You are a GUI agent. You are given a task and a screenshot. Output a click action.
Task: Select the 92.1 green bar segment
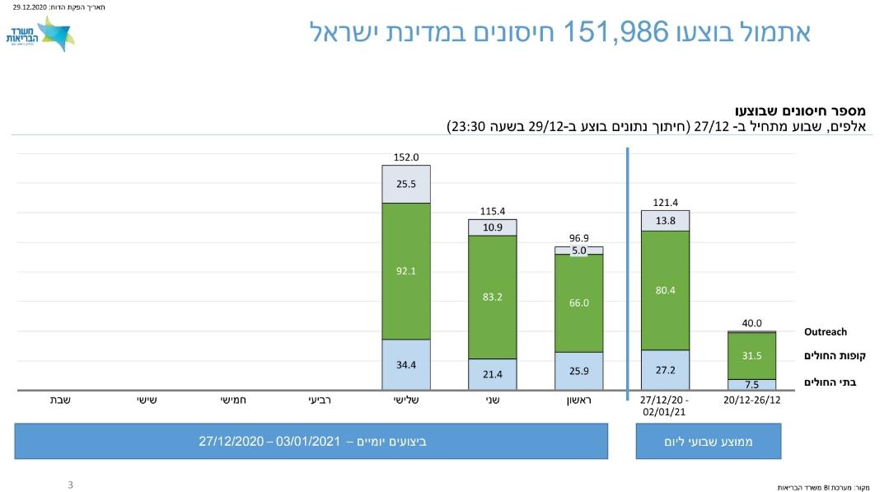(x=405, y=270)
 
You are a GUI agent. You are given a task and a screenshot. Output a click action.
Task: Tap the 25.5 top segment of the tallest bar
(x=405, y=184)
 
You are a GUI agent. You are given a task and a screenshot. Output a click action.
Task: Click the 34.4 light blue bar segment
(x=405, y=364)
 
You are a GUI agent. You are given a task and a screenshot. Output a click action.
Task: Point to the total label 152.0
(x=405, y=157)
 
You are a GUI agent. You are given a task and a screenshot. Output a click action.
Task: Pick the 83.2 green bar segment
(x=492, y=297)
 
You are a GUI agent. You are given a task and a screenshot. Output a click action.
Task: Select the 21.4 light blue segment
(x=492, y=374)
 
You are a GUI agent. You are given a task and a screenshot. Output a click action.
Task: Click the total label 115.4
(x=492, y=211)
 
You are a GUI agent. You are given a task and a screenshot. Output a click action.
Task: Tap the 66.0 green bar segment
(x=578, y=302)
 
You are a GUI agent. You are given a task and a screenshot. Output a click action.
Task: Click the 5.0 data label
(x=578, y=251)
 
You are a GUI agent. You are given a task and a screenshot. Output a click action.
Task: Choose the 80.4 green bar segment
(x=665, y=290)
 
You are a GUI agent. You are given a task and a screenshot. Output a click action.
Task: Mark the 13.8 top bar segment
(x=665, y=221)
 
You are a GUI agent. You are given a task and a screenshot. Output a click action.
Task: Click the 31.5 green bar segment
(x=751, y=355)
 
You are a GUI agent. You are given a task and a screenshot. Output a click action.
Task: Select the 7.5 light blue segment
(x=751, y=384)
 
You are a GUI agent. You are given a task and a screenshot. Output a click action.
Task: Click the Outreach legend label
(x=825, y=332)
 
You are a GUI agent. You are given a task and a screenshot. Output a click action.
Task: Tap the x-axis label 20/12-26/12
(x=751, y=400)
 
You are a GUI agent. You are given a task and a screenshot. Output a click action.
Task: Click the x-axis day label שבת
(x=59, y=400)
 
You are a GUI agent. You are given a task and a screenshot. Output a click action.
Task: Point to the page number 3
(x=70, y=485)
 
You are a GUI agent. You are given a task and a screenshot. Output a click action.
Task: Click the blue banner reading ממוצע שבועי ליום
(x=708, y=442)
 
